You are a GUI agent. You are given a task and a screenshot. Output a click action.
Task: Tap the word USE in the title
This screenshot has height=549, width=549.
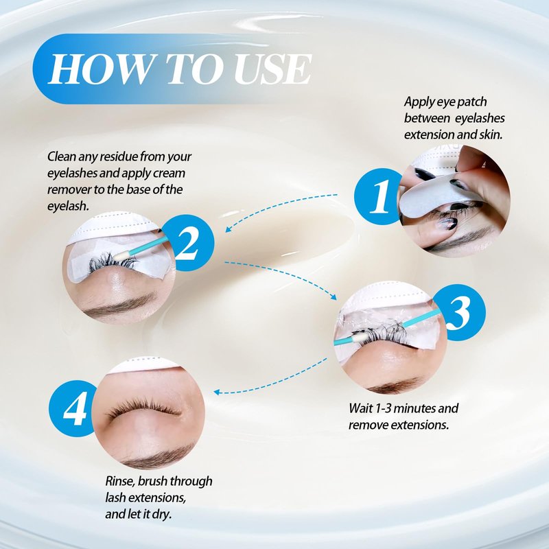[x=272, y=69]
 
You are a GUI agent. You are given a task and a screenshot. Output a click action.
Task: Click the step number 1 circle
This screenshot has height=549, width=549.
[x=379, y=196]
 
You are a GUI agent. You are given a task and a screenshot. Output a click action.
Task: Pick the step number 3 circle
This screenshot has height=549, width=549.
[x=459, y=313]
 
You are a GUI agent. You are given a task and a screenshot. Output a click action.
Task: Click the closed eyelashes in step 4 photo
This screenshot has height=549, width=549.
[x=143, y=408]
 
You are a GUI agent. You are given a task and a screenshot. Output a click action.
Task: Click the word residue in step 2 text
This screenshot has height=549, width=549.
[x=119, y=156]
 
